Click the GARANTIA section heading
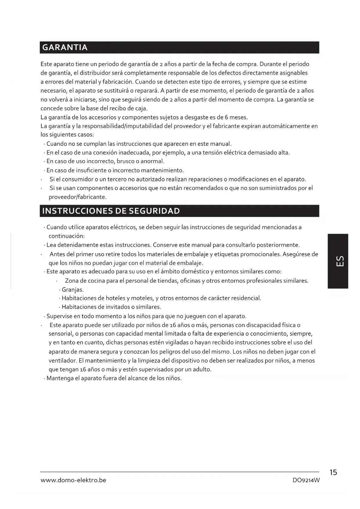tap(65, 48)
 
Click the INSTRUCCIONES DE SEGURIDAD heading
tap(111, 211)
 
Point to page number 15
tap(333, 472)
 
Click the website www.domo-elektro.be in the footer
tap(73, 480)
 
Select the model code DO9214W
tap(306, 480)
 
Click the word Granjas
tap(73, 290)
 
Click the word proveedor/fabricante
tap(77, 197)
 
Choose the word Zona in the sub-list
tap(72, 281)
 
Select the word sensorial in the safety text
tap(60, 334)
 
